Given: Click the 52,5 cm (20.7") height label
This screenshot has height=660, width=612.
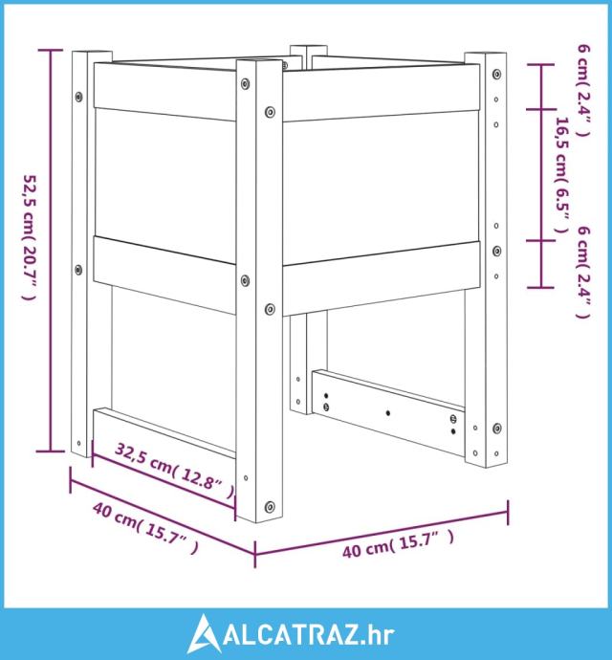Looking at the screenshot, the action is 30,237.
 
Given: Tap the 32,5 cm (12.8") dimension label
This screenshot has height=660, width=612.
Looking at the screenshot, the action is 174,471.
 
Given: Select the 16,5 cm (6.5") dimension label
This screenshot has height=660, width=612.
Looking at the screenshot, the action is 563,175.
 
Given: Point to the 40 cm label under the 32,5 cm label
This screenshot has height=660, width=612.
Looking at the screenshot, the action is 144,528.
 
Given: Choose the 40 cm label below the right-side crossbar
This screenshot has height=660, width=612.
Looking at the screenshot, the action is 398,544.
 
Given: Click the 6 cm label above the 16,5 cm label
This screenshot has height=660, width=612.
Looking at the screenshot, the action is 583,91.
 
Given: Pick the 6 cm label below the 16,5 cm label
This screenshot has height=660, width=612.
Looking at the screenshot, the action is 583,272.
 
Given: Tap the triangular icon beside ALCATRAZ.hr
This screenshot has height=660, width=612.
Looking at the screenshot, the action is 204,634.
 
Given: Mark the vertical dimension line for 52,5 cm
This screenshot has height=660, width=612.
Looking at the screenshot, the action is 51,251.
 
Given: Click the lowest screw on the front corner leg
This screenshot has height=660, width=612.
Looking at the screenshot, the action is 270,506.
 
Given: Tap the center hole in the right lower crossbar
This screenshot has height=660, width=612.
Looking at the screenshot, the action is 387,413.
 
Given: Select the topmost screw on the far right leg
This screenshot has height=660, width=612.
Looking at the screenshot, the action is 496,74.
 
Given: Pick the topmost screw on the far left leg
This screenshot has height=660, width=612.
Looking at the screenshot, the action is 78,97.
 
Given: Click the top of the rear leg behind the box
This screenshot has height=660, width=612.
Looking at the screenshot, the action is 309,50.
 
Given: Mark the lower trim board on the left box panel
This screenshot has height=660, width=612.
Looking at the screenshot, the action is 164,275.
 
